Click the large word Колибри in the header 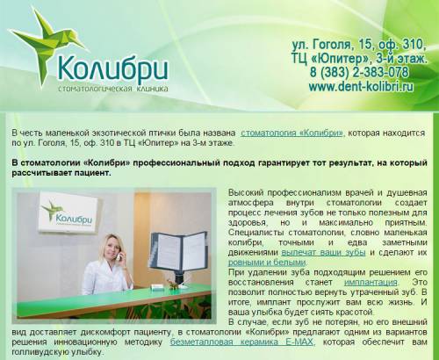(x=113, y=69)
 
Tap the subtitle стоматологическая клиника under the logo (x=113, y=89)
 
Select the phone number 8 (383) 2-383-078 (x=359, y=72)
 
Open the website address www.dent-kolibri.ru (x=361, y=86)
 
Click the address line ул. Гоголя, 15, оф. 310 (x=359, y=45)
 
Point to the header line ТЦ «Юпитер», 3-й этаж (x=359, y=59)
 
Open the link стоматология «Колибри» (x=291, y=133)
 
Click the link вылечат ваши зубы (x=323, y=252)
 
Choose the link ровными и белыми (x=267, y=263)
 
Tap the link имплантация (x=371, y=283)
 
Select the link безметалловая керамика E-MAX (x=242, y=342)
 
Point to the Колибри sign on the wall (x=68, y=212)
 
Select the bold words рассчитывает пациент (x=61, y=173)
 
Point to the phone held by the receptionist (x=119, y=256)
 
